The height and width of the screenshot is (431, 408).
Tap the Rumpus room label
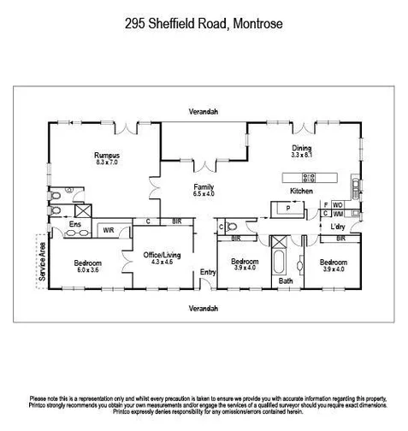[x=107, y=155]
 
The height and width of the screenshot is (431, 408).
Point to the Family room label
[x=204, y=186]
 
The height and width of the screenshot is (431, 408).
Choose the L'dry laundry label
[x=338, y=227]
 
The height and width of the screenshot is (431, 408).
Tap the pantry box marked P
[x=288, y=208]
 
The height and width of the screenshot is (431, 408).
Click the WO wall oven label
[x=338, y=205]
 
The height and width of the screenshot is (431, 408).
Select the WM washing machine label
[x=338, y=215]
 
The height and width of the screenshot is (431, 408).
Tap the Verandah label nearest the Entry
[x=204, y=307]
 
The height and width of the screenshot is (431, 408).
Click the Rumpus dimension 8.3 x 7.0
[x=107, y=162]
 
